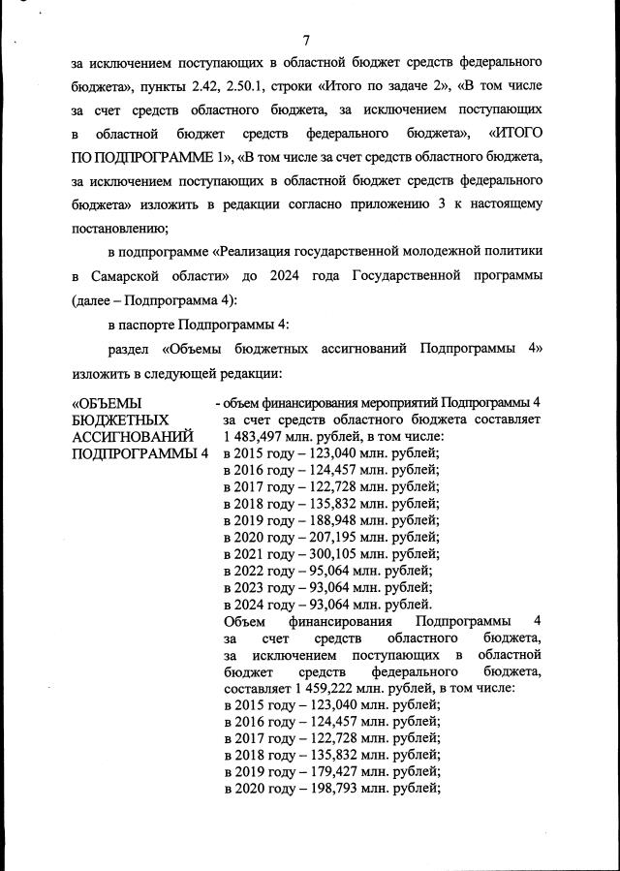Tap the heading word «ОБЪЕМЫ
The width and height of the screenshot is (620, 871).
(108, 402)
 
